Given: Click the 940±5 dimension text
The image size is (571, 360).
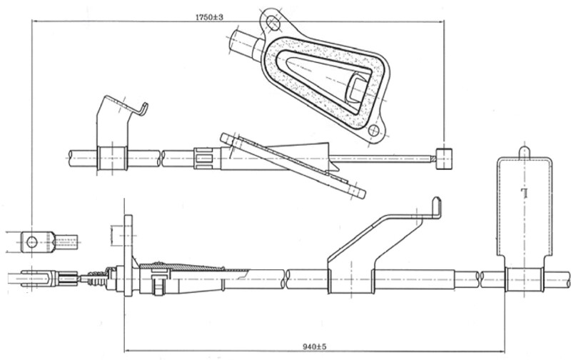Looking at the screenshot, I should coord(313,346).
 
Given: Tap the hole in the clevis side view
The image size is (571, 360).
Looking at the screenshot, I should coord(31,242).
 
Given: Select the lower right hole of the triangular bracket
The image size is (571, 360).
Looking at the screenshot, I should coord(373,131).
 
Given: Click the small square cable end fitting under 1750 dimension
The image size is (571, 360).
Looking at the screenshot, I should coord(444,158).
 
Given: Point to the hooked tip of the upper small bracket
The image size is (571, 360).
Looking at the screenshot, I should coord(144,109).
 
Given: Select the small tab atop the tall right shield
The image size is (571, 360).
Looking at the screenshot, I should coord(525,151).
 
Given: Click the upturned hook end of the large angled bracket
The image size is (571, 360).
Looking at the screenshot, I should coord(436,207).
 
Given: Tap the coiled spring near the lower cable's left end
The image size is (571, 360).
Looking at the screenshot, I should coord(94,279).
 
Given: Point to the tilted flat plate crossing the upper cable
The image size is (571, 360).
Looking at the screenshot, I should coord(293,165).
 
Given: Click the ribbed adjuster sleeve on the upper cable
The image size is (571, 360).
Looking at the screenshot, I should coord(204,157).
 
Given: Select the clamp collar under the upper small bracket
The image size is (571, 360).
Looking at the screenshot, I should coord(112,158).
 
